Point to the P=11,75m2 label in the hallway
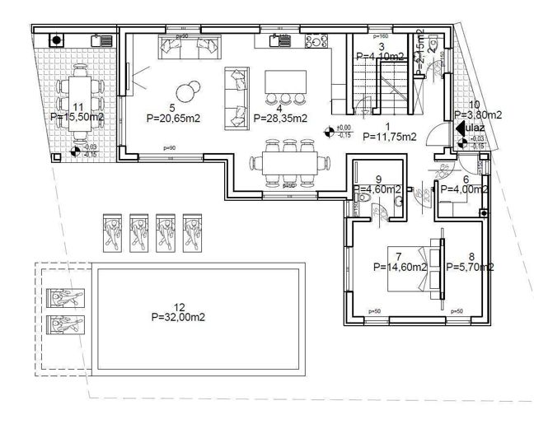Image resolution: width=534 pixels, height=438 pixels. coord(389,137)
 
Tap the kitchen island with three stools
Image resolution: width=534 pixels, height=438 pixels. coord(284,83)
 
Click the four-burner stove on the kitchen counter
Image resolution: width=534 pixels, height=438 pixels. coord(316,40)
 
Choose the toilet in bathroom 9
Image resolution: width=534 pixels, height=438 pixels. coord(399,198)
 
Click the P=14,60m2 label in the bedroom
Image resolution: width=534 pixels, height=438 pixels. coord(400,267)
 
